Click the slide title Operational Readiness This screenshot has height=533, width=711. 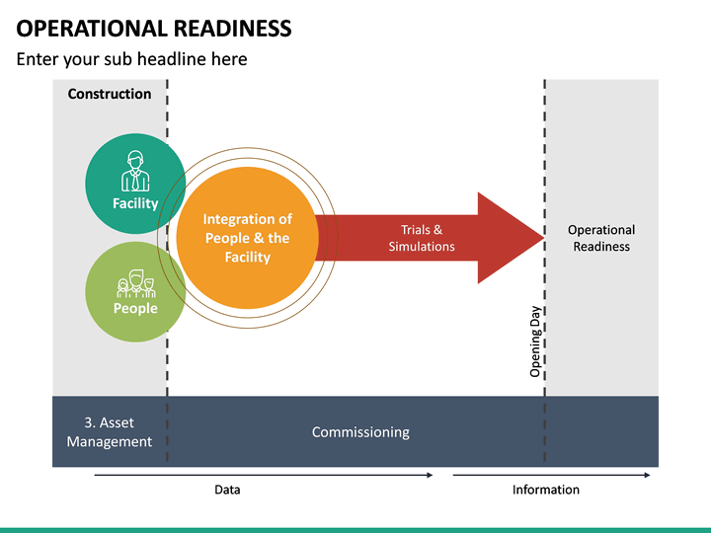(154, 28)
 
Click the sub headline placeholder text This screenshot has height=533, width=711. (131, 59)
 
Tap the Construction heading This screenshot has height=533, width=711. (110, 95)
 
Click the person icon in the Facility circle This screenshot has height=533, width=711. (135, 172)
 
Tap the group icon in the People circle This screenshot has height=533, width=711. (135, 284)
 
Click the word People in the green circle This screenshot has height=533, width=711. (135, 309)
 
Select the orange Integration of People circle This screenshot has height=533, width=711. (247, 237)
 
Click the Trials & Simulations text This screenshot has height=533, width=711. (422, 238)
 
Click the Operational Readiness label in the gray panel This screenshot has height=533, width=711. (601, 238)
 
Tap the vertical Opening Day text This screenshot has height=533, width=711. (535, 341)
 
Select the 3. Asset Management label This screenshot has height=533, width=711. (110, 432)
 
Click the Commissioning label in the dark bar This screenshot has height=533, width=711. (360, 432)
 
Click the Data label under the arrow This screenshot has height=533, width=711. (227, 490)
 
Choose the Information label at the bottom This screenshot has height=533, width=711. (546, 490)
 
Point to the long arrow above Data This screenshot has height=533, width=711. (264, 475)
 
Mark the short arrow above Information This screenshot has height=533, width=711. (551, 475)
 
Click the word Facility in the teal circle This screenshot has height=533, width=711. (135, 203)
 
